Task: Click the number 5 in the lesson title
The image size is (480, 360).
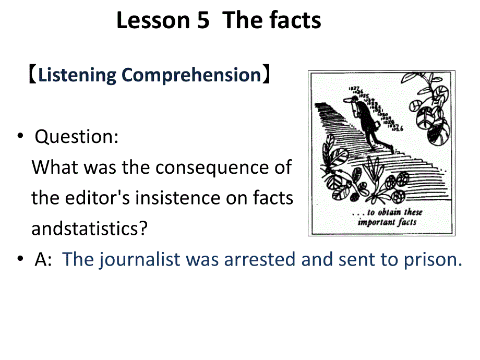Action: [201, 21]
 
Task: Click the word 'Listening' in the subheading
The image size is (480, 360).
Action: [77, 75]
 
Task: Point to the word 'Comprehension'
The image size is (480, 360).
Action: [191, 75]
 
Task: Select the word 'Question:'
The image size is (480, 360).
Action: [77, 137]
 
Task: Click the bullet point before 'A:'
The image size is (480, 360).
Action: [20, 259]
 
